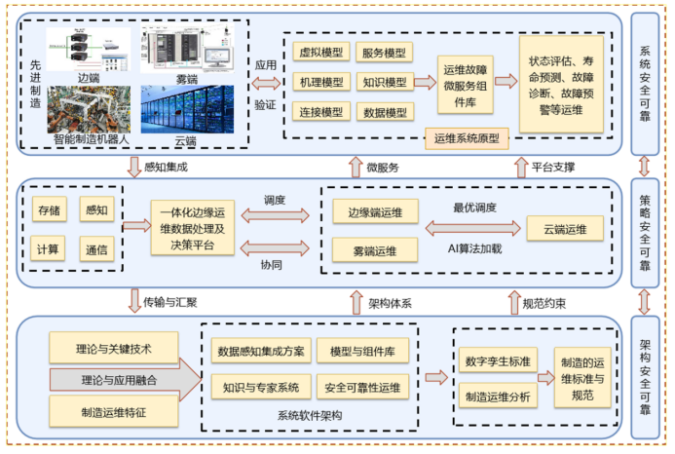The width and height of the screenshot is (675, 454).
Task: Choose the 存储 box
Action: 48,209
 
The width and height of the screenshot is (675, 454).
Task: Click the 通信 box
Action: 96,248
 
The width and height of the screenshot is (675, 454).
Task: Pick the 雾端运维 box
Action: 375,251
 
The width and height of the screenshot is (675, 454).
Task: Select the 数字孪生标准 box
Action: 498,362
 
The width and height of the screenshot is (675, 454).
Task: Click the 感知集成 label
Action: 166,167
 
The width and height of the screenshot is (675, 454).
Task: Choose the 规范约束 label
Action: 544,303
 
